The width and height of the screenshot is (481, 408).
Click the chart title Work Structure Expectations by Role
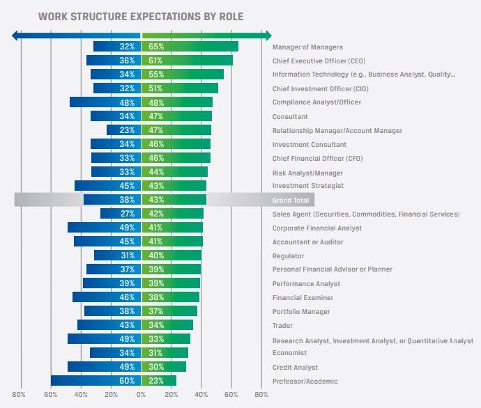point(141,15)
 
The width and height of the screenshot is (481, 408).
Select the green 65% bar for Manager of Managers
point(190,47)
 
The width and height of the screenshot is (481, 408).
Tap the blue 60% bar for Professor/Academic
point(96,381)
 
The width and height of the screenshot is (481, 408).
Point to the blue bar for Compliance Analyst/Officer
point(105,102)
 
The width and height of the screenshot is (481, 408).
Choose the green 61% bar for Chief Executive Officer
point(187,61)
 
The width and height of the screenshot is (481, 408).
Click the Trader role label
point(282,325)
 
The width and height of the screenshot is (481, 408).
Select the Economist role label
point(289,352)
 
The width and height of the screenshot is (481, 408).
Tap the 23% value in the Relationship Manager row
point(127,130)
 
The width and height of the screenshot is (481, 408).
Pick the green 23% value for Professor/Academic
point(156,381)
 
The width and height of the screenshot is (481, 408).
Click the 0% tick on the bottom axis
point(141,395)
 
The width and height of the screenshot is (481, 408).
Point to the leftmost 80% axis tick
point(20,395)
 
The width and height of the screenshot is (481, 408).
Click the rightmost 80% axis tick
point(261,395)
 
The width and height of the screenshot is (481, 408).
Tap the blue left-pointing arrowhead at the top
point(16,36)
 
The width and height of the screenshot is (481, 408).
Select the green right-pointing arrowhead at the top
point(268,36)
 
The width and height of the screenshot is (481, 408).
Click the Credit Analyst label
point(295,367)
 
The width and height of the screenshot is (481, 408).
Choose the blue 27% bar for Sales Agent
point(120,214)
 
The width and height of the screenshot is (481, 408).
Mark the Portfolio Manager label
point(301,311)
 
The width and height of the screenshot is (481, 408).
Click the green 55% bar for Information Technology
point(183,74)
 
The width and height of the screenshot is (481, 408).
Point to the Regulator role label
point(287,256)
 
